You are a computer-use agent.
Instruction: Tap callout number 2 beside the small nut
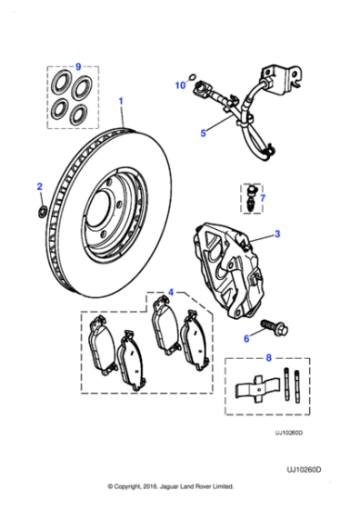point(39,186)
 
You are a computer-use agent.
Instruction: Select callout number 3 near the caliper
point(277,234)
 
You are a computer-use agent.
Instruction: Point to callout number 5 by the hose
point(203,133)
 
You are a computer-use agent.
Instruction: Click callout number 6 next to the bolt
point(245,338)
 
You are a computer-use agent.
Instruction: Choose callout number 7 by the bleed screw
point(262,197)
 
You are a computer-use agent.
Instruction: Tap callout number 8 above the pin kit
point(268,358)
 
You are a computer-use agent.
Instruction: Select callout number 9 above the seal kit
point(78,66)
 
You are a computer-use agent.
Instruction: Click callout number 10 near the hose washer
point(179,85)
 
